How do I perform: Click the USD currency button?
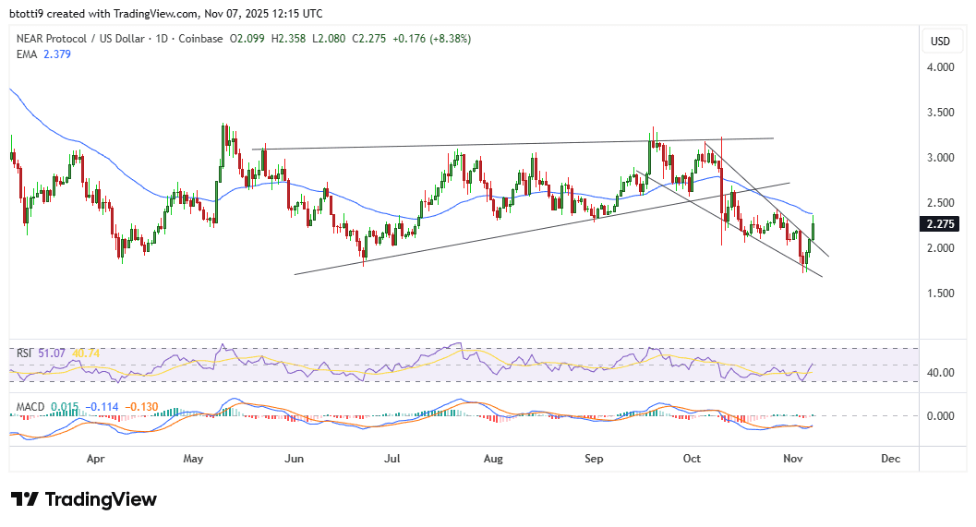coord(940,41)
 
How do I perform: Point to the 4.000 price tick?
coord(939,67)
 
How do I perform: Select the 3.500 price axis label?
coord(939,113)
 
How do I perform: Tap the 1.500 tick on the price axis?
coord(939,293)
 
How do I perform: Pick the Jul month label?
coord(392,458)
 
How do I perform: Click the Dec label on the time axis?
coord(890,458)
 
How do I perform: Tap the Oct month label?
coord(692,458)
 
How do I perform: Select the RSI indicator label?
coord(24,353)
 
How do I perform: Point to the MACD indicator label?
coord(30,407)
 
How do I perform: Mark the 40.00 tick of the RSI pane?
coord(939,373)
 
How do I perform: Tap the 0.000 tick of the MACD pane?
coord(939,416)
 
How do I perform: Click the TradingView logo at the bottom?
coord(84,499)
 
